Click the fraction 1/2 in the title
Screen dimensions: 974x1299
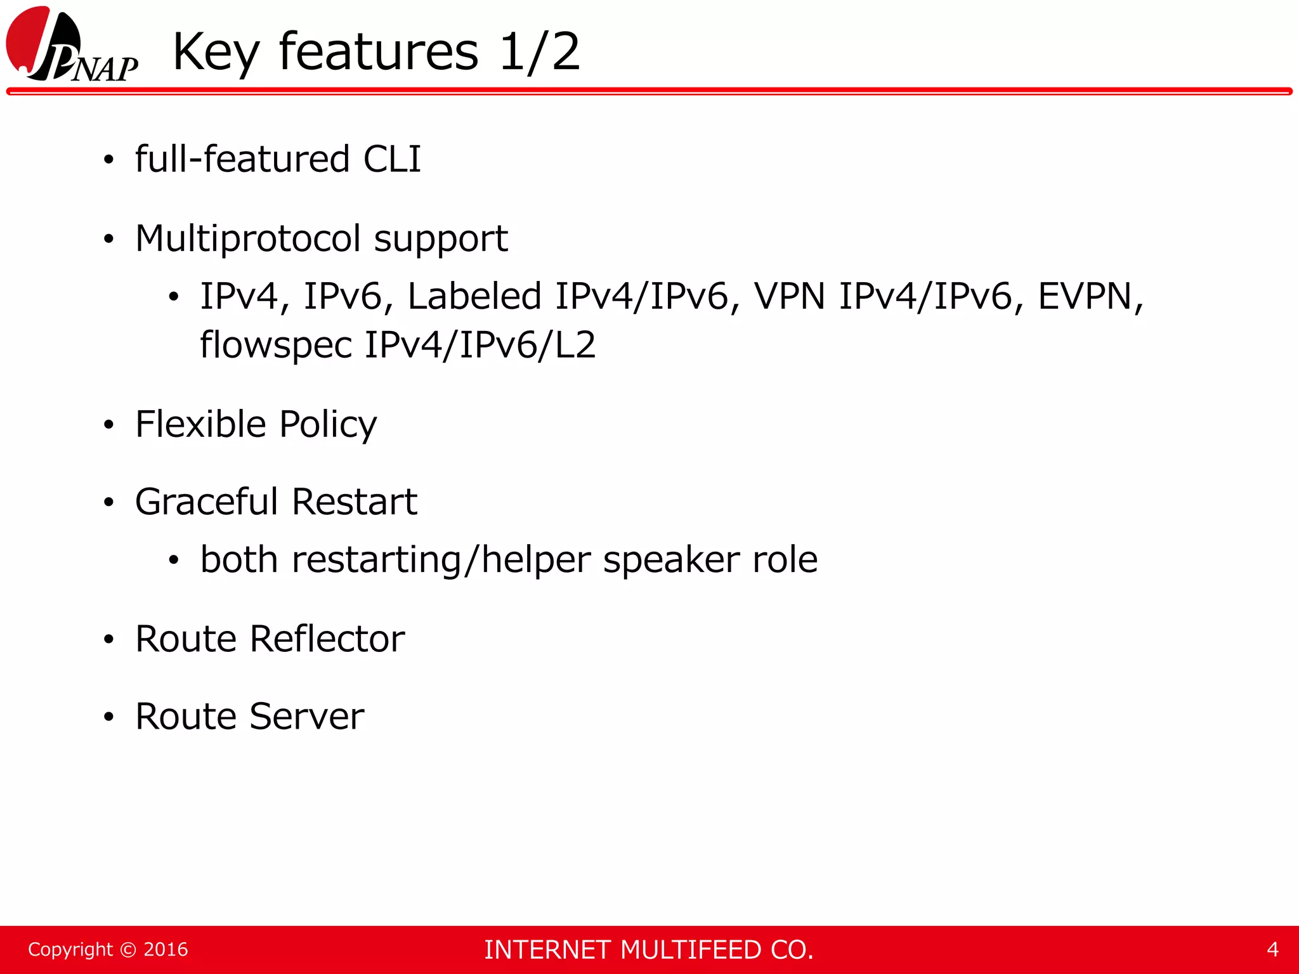click(539, 52)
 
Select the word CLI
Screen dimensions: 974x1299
click(392, 159)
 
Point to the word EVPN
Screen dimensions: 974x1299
click(1090, 296)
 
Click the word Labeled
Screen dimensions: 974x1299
click(474, 296)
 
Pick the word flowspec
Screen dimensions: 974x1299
click(275, 346)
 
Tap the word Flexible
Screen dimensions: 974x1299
click(200, 424)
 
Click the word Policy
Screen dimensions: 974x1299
click(328, 425)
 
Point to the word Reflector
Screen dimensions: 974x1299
click(327, 639)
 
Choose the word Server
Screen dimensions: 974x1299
click(307, 717)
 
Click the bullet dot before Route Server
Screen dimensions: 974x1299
click(109, 717)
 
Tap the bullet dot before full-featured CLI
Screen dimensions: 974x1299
click(109, 160)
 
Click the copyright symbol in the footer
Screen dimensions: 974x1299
click(128, 950)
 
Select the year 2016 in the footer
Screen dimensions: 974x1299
click(166, 950)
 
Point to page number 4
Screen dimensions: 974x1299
click(1272, 949)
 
